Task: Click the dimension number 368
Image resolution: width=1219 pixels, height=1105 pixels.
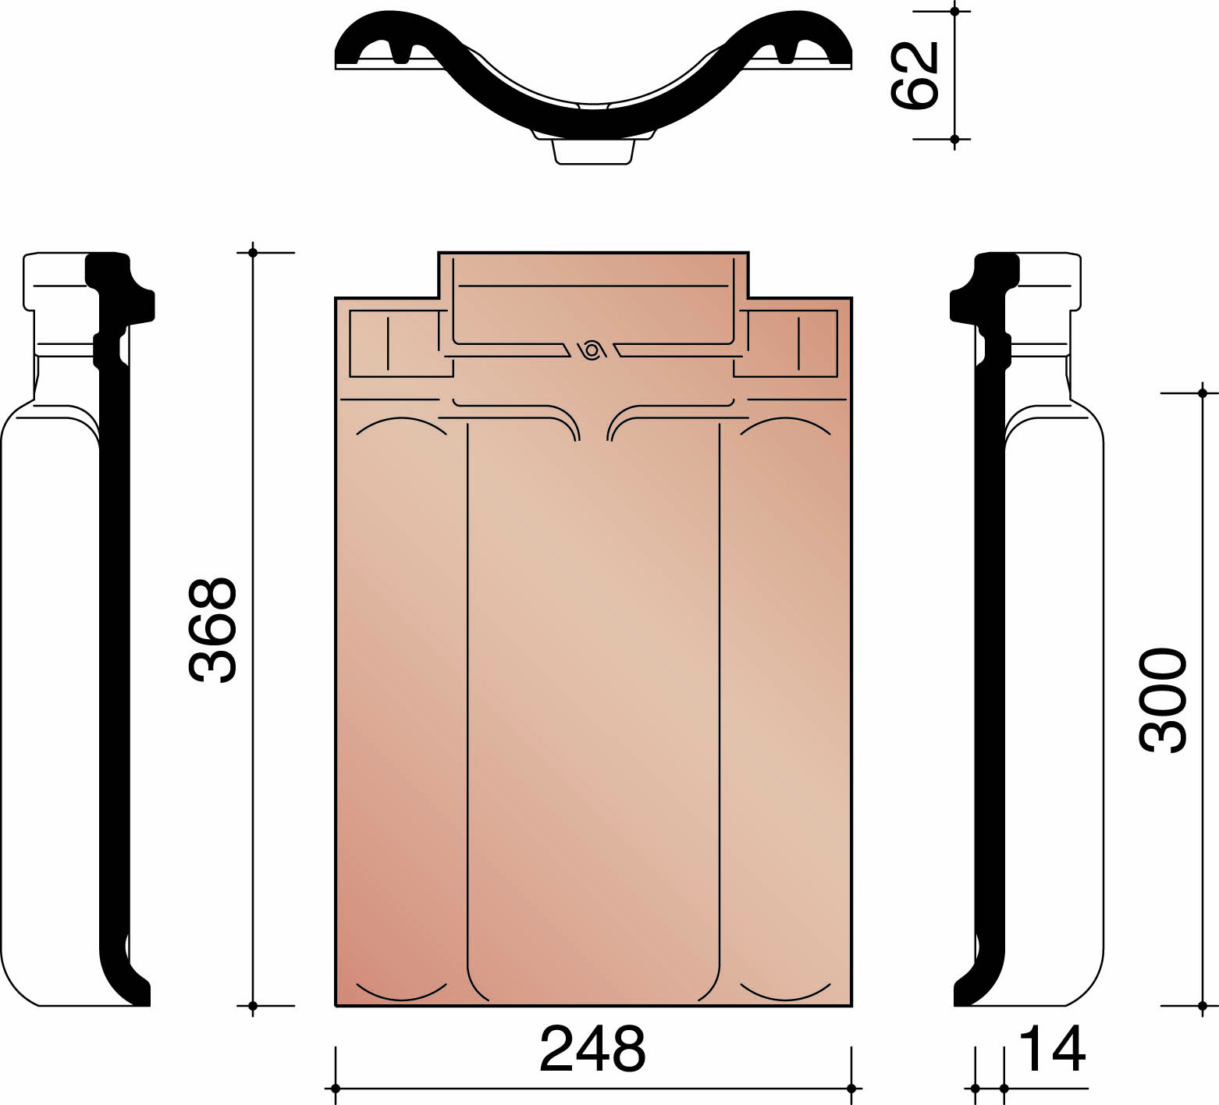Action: pyautogui.click(x=212, y=631)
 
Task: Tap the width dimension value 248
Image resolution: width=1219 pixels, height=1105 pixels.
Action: pyautogui.click(x=592, y=1050)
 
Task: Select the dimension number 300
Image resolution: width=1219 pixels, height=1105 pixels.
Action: pyautogui.click(x=1163, y=699)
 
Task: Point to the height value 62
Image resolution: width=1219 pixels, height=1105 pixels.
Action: pyautogui.click(x=915, y=75)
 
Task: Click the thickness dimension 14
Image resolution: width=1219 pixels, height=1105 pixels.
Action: pyautogui.click(x=1052, y=1050)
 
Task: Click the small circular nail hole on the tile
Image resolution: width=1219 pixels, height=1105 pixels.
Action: pyautogui.click(x=592, y=350)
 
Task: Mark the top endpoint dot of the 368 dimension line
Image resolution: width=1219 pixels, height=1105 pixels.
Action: pyautogui.click(x=253, y=252)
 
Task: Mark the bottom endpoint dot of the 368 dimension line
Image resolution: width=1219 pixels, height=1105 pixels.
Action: pyautogui.click(x=253, y=1006)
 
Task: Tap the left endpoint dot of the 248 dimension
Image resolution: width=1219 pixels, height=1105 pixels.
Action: pyautogui.click(x=336, y=1088)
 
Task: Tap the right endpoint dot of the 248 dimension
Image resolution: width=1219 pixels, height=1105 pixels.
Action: pyautogui.click(x=851, y=1088)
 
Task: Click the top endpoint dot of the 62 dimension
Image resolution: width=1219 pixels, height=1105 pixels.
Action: pyautogui.click(x=954, y=11)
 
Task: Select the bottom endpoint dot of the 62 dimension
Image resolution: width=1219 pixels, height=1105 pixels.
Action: pyautogui.click(x=954, y=139)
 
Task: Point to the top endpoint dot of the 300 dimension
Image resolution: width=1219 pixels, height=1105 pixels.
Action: pyautogui.click(x=1203, y=393)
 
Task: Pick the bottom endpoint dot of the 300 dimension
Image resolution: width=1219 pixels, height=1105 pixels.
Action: pyautogui.click(x=1203, y=1006)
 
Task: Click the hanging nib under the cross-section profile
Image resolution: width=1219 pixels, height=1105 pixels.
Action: pyautogui.click(x=592, y=151)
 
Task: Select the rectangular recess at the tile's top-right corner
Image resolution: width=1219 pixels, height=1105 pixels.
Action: pyautogui.click(x=787, y=343)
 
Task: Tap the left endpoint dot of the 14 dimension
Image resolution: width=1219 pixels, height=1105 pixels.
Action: pyautogui.click(x=975, y=1088)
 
